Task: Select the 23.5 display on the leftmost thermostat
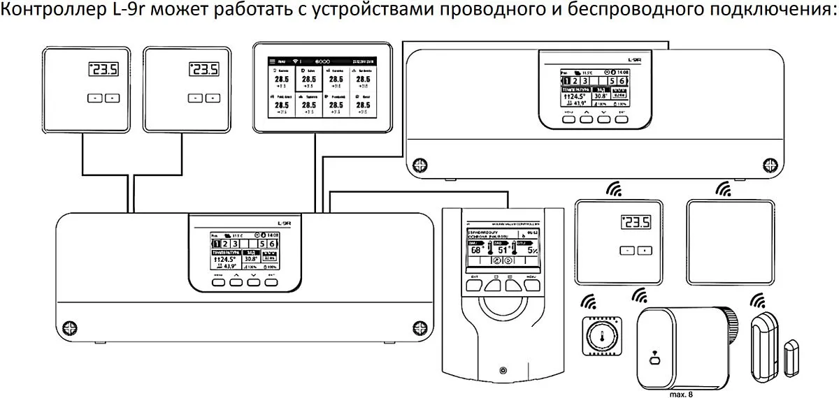pyautogui.click(x=103, y=69)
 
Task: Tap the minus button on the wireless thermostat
pyautogui.click(x=629, y=250)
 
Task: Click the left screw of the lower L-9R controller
pyautogui.click(x=69, y=326)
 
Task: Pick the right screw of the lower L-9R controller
pyautogui.click(x=419, y=326)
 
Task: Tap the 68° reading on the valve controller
pyautogui.click(x=477, y=250)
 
